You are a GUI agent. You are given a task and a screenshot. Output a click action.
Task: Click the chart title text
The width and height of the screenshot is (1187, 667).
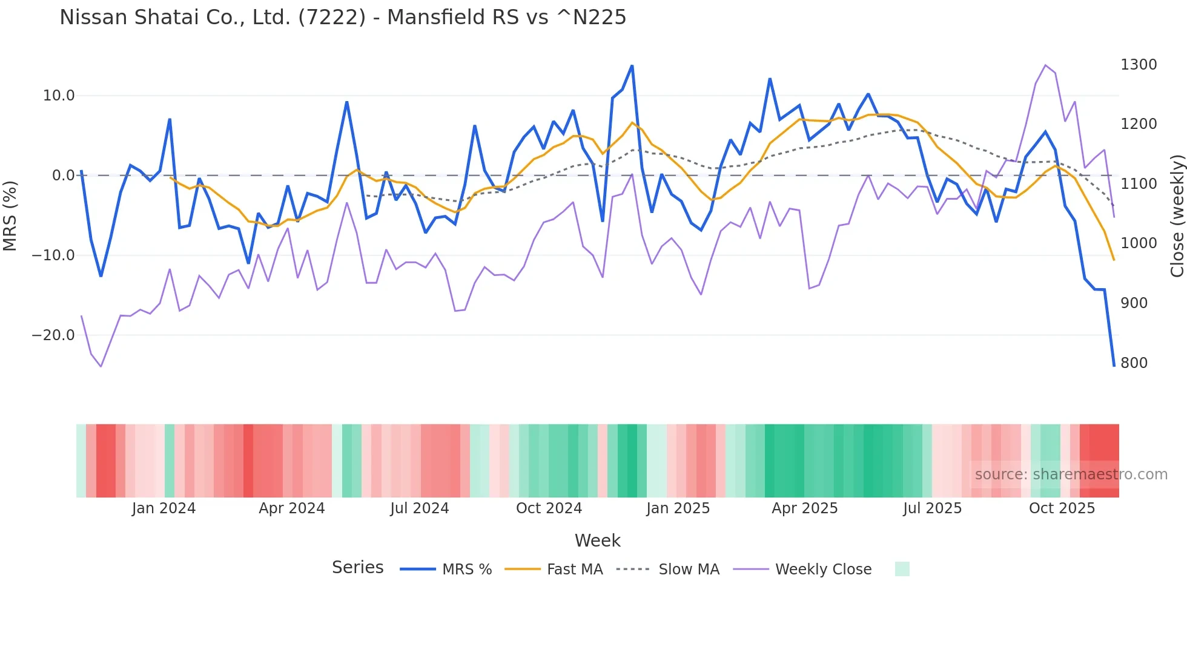click(x=343, y=18)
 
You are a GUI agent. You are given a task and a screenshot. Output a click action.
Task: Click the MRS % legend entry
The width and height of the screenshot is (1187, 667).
click(x=466, y=570)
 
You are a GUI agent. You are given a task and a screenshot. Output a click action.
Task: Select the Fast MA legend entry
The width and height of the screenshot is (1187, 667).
click(x=574, y=570)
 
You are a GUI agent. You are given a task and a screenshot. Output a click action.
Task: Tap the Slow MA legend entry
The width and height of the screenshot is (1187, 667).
click(x=689, y=570)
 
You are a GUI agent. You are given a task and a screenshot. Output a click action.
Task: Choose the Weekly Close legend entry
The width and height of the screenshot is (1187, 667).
click(x=823, y=570)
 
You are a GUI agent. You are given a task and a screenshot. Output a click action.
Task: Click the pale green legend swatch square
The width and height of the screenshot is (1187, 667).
click(x=902, y=569)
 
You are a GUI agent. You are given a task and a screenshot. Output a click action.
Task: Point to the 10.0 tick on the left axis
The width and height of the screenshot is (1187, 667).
click(x=59, y=96)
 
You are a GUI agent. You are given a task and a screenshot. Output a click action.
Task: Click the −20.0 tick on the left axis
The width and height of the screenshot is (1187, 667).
click(x=53, y=335)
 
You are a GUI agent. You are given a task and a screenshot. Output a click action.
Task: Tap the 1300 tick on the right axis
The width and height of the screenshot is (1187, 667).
click(x=1139, y=65)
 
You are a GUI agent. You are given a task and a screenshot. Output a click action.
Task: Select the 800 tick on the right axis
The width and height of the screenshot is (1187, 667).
click(x=1134, y=363)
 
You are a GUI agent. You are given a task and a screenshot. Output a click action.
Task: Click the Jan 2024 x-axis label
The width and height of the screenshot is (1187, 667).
click(x=164, y=508)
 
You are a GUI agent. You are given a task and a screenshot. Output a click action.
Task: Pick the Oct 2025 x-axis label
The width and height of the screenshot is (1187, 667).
click(x=1062, y=508)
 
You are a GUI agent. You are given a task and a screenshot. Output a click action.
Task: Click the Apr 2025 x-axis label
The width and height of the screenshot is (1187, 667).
click(x=804, y=508)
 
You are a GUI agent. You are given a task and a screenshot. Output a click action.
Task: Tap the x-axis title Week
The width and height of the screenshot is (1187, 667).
click(x=597, y=540)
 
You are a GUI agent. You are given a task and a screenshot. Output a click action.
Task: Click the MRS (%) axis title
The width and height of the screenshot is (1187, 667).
click(x=10, y=215)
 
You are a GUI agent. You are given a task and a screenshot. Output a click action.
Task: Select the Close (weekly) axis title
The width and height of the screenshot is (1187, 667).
click(x=1177, y=215)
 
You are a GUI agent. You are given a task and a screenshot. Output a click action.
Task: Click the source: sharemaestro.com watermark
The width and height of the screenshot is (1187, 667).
click(x=1071, y=475)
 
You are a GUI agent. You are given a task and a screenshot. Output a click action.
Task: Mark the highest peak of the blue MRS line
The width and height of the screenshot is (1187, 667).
click(x=632, y=66)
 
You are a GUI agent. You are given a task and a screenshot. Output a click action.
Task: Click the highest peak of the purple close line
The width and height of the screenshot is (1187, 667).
click(x=1045, y=65)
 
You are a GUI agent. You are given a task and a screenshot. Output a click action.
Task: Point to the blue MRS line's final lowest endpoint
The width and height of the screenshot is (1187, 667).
click(x=1113, y=366)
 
